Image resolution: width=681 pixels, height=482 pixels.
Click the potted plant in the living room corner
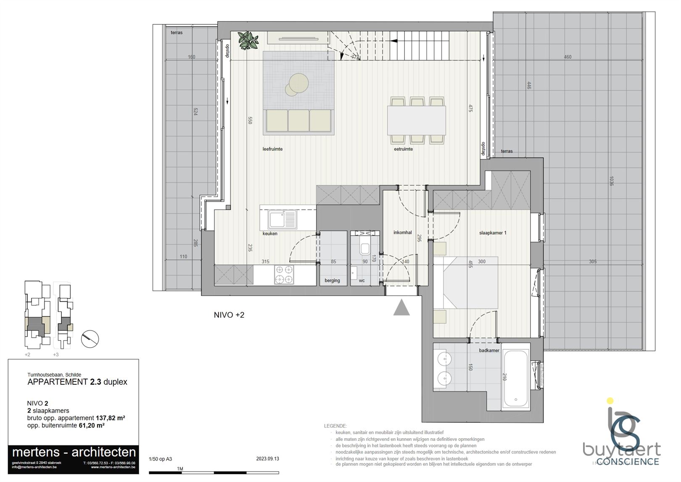point(248,41)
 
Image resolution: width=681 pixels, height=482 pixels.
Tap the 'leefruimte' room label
point(272,149)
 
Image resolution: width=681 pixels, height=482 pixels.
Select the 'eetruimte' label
point(403,149)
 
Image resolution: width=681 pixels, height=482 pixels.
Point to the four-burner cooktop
point(284,275)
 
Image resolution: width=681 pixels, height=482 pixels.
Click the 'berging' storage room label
point(332,280)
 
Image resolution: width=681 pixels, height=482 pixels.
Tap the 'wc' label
point(362,280)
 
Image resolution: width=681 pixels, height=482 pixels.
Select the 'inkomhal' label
point(402,232)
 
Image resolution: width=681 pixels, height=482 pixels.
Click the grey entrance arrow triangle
point(401,308)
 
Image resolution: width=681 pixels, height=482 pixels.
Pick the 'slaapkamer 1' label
point(493,233)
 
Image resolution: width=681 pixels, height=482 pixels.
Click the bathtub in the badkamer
point(515,378)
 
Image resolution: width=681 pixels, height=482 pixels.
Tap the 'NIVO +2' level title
point(229,315)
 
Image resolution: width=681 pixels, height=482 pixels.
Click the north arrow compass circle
point(90,338)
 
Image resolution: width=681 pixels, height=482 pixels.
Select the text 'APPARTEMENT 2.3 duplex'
point(77,382)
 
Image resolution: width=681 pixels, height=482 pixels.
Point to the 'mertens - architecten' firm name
point(74,452)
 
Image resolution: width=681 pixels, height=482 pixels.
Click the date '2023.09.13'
point(267,459)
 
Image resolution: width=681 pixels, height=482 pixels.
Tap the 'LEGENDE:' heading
point(335,426)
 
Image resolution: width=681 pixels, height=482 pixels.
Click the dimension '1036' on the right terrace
point(611,181)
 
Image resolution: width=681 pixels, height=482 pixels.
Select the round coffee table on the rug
point(298,83)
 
